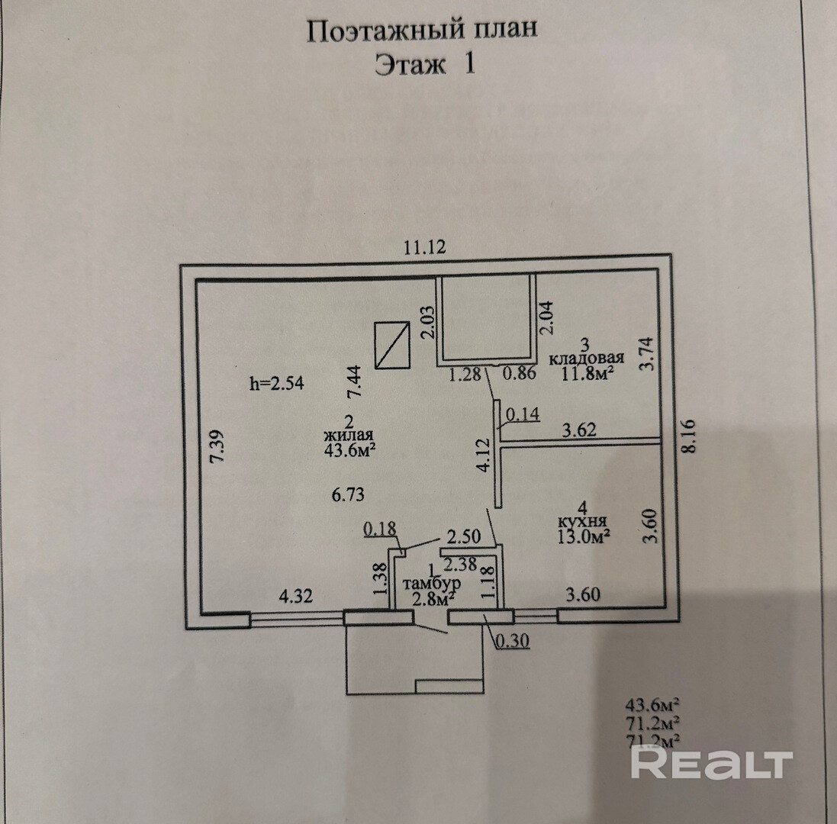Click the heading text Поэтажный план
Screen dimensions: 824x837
(x=422, y=30)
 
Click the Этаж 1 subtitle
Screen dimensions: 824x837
(x=425, y=65)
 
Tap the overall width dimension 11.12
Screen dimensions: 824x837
(x=423, y=247)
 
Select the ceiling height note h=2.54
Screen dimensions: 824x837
(x=277, y=384)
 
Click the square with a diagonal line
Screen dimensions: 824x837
(x=392, y=345)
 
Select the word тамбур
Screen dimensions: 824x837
(x=432, y=584)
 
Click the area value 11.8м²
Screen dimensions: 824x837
(x=588, y=373)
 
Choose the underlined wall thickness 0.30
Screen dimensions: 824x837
(x=513, y=642)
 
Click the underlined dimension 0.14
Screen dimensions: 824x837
(x=522, y=414)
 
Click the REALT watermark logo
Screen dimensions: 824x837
(x=711, y=763)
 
